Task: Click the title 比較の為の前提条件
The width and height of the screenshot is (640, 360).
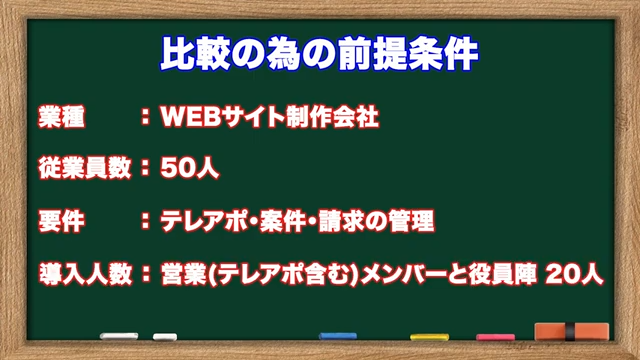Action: (x=319, y=53)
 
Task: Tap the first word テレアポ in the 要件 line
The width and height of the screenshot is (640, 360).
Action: (x=206, y=219)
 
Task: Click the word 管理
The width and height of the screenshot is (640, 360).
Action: (x=410, y=219)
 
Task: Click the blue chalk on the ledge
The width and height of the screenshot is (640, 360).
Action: (x=337, y=337)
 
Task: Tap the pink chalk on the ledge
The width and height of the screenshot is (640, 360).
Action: (x=495, y=338)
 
